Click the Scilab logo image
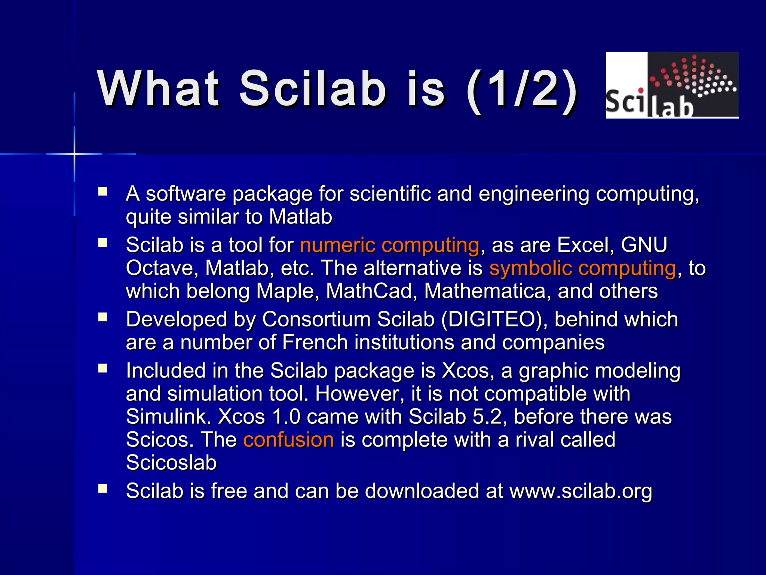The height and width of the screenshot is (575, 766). (672, 85)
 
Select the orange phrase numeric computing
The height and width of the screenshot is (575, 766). (389, 245)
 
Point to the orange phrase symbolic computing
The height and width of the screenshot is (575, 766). (583, 268)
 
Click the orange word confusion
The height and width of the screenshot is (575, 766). (288, 439)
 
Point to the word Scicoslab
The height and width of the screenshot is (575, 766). (171, 463)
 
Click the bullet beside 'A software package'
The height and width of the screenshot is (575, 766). (102, 192)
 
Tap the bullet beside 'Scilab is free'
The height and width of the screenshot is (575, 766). (102, 489)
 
